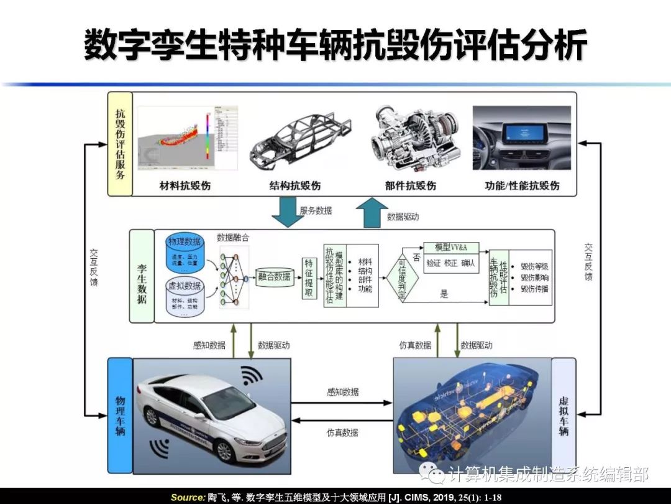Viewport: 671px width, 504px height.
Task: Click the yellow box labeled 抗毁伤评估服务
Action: click(x=120, y=144)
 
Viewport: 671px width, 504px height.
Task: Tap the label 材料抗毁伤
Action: click(x=185, y=185)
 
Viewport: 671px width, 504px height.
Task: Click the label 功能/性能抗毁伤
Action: click(x=522, y=185)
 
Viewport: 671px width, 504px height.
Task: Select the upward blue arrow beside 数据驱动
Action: click(x=371, y=214)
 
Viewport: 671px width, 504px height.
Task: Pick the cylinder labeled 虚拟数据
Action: click(x=185, y=296)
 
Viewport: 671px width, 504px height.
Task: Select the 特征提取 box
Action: click(x=309, y=277)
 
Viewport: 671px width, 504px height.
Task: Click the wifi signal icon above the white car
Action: click(x=252, y=375)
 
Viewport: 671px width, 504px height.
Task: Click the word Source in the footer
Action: click(x=187, y=497)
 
